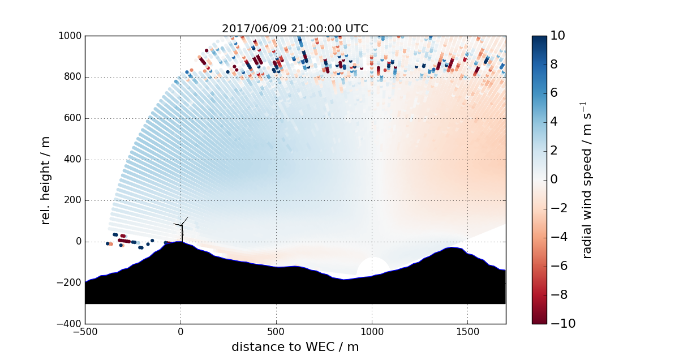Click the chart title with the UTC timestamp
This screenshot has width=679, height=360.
pos(295,28)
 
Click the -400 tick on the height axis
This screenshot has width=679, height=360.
pos(70,324)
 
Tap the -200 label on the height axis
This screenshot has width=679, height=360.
pos(70,283)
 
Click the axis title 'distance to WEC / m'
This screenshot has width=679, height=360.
pos(295,346)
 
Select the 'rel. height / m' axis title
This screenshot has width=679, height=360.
pos(46,180)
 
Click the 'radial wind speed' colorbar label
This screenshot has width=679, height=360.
pos(587,180)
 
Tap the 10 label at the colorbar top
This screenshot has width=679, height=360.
pos(557,36)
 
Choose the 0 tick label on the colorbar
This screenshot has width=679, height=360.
pos(555,180)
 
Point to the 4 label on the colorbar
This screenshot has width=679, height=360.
pos(555,122)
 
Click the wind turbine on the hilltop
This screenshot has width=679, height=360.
pos(182,229)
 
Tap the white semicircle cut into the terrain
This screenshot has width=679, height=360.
pos(372,267)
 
